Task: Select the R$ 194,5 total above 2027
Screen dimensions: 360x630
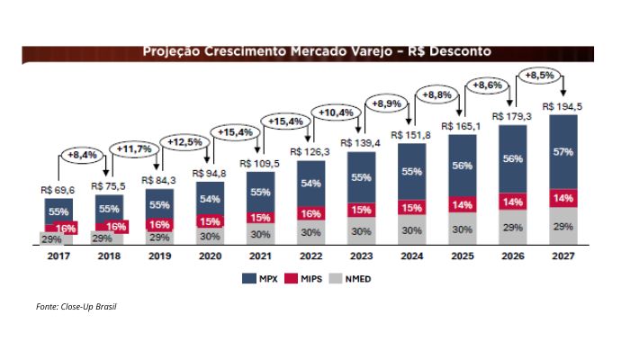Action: tap(565, 106)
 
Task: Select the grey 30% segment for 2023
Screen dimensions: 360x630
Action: tap(361, 231)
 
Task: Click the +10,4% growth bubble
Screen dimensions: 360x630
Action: tap(336, 112)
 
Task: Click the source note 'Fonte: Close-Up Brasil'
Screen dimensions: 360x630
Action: tap(76, 307)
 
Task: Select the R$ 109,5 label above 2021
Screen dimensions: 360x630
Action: tap(260, 164)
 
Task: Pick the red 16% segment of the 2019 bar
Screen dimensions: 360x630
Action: tap(158, 224)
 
